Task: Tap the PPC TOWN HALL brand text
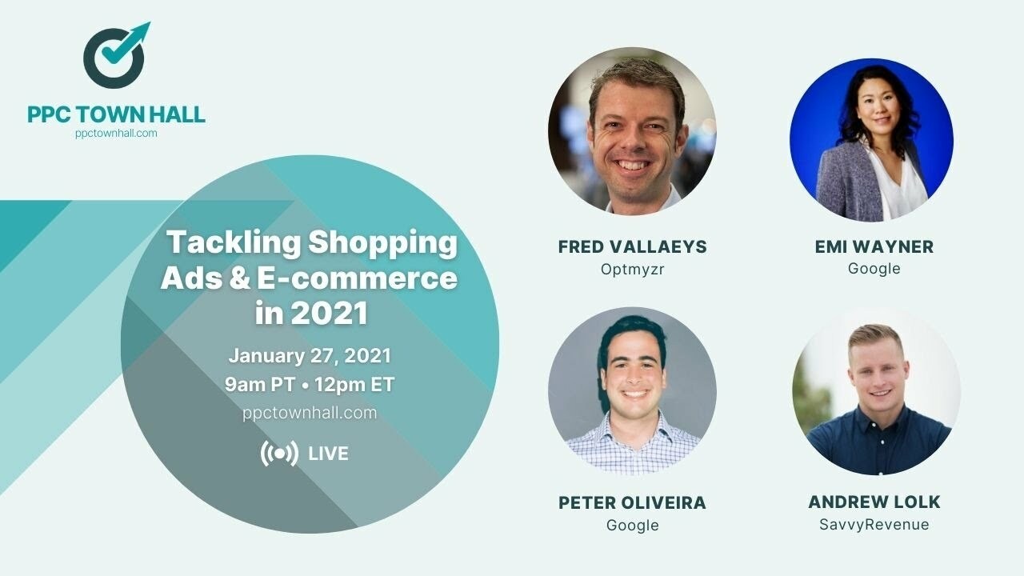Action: click(116, 114)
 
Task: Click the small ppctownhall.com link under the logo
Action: click(116, 134)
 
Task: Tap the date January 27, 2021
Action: click(310, 355)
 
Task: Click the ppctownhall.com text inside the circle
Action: click(310, 413)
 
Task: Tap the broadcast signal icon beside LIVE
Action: click(279, 454)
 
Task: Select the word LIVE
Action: click(328, 454)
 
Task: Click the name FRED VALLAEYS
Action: click(632, 246)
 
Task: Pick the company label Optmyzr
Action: click(632, 269)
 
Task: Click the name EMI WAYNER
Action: click(874, 246)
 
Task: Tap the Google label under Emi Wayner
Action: click(874, 269)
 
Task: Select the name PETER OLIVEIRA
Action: click(632, 503)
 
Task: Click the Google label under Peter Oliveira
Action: click(632, 526)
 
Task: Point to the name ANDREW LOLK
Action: click(874, 502)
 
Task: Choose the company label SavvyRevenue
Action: click(874, 525)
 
